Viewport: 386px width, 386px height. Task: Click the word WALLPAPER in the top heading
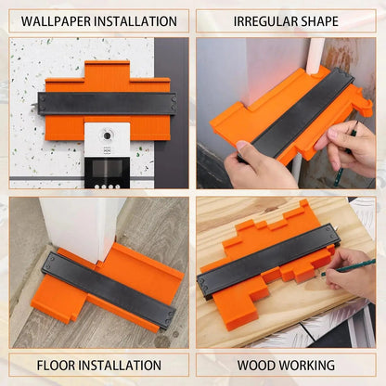(x=56, y=21)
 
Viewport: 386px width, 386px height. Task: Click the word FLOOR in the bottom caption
(x=56, y=366)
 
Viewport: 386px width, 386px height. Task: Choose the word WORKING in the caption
(x=306, y=366)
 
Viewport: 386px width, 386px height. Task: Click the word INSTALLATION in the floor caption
(x=120, y=366)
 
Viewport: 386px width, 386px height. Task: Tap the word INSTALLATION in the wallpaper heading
(x=135, y=21)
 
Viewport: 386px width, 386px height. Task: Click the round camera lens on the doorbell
(x=107, y=135)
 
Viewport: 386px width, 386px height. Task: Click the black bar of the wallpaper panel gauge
(x=107, y=104)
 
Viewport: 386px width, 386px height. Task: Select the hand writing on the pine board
(x=351, y=275)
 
